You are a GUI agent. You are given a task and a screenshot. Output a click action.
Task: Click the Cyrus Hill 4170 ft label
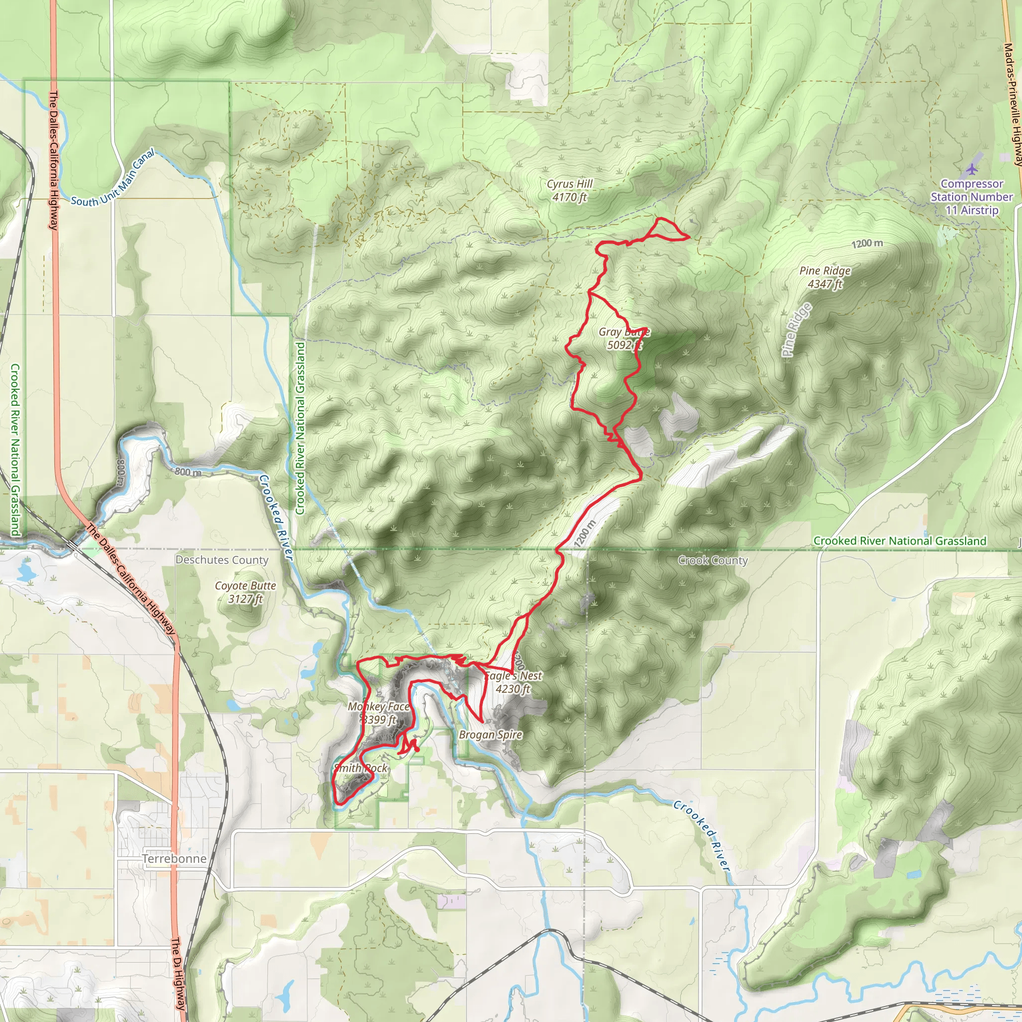569,191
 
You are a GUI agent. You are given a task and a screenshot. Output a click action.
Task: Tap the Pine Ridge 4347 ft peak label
825,277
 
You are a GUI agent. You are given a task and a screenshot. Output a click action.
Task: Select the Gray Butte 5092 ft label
624,338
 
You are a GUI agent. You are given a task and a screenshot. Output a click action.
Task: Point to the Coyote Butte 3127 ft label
245,592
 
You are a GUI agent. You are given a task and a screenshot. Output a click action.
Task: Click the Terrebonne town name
174,858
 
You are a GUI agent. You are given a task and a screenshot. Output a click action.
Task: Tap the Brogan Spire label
491,734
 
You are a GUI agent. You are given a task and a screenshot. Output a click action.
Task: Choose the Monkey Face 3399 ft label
378,713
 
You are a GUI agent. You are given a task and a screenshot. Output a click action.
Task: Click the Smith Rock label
361,767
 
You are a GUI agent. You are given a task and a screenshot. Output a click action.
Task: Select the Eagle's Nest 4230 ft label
513,682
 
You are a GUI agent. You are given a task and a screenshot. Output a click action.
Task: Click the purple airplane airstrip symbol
972,169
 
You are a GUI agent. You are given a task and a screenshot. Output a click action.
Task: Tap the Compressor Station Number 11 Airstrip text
972,197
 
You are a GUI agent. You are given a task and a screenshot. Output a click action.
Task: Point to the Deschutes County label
222,560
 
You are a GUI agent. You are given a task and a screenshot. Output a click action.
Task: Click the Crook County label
713,560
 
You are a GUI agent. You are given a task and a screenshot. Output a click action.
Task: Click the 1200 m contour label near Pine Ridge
867,244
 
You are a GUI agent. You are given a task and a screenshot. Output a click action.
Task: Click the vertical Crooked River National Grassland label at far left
15,450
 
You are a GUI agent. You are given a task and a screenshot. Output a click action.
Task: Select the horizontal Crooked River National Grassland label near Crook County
899,540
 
